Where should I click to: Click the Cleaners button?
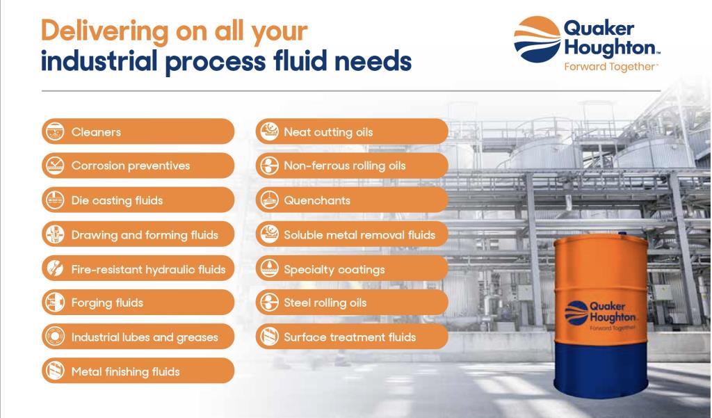pyautogui.click(x=138, y=131)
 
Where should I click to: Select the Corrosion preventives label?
pyautogui.click(x=131, y=166)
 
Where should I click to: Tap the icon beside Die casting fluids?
pyautogui.click(x=56, y=200)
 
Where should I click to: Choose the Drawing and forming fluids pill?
pyautogui.click(x=138, y=234)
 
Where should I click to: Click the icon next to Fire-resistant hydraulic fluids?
pyautogui.click(x=56, y=268)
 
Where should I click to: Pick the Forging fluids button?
pyautogui.click(x=138, y=303)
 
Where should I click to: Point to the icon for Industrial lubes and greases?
pyautogui.click(x=56, y=337)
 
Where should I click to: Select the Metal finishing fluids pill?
pyautogui.click(x=138, y=371)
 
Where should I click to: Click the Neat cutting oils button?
pyautogui.click(x=352, y=131)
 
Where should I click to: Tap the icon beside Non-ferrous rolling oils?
pyautogui.click(x=269, y=166)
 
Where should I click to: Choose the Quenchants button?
pyautogui.click(x=352, y=200)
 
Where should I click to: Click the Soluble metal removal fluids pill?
pyautogui.click(x=352, y=234)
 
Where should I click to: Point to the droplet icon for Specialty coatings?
pyautogui.click(x=269, y=268)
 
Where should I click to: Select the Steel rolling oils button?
pyautogui.click(x=352, y=303)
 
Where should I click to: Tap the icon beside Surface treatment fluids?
pyautogui.click(x=269, y=337)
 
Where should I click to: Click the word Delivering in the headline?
pyautogui.click(x=105, y=32)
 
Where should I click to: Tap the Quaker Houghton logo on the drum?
pyautogui.click(x=600, y=314)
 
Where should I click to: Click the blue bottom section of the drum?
pyautogui.click(x=601, y=368)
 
